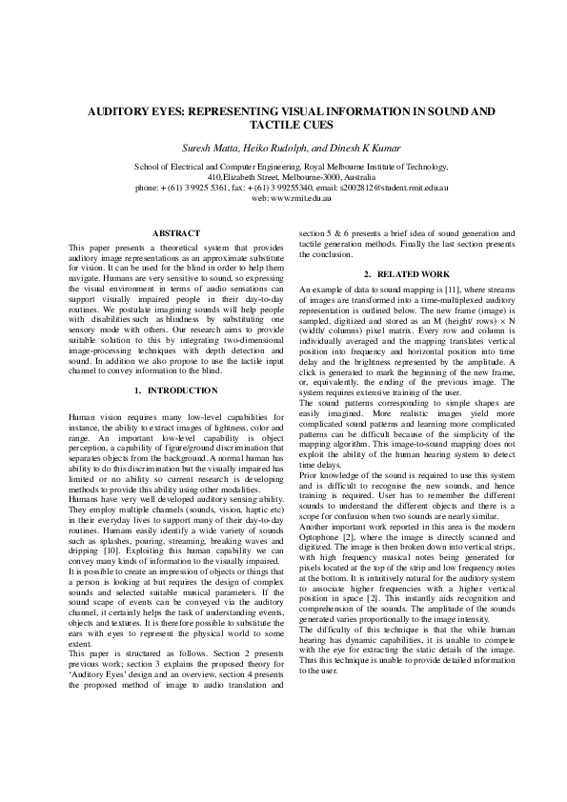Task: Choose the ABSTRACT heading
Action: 176,233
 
